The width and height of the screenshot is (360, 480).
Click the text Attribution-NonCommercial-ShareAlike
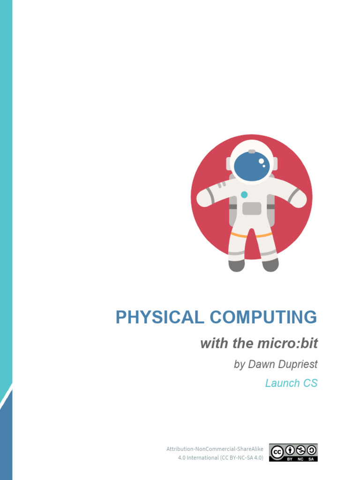tap(215, 449)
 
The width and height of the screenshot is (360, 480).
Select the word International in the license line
tap(202, 457)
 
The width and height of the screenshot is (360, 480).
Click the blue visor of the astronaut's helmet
tap(252, 166)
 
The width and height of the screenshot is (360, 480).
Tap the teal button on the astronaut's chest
tap(244, 195)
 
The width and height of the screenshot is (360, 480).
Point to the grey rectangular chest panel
tap(252, 208)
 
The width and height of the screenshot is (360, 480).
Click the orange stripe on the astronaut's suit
tap(251, 234)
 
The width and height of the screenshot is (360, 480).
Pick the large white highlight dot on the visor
tap(261, 161)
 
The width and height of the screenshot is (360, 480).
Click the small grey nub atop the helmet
tap(252, 151)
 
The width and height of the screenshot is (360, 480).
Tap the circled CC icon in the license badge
tap(277, 452)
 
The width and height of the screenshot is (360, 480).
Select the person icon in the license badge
tap(290, 450)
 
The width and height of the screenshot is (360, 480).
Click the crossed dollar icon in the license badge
tap(300, 450)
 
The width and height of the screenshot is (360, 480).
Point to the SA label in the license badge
tap(311, 459)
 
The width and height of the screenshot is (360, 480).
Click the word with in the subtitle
tap(214, 344)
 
